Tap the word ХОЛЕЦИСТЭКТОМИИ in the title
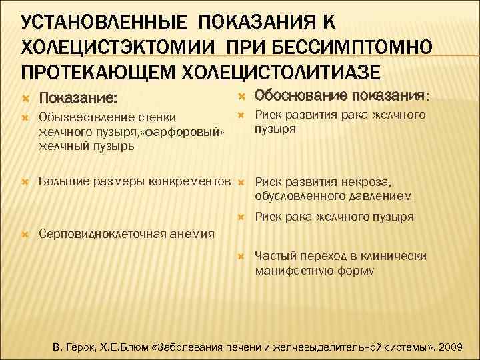click(117, 46)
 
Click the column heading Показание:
click(79, 98)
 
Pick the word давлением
click(383, 196)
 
